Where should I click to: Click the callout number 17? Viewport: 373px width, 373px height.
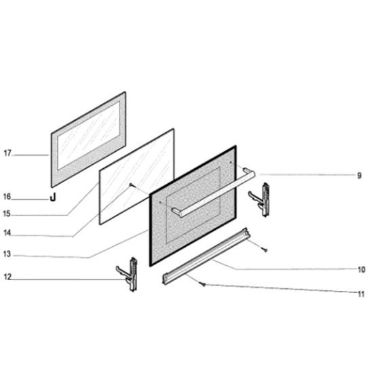click(7, 153)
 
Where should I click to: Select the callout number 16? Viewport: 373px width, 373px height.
click(7, 197)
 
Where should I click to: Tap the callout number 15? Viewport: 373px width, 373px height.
click(7, 214)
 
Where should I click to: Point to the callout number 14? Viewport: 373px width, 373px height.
click(7, 233)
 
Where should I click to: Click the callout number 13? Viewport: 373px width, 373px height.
click(7, 254)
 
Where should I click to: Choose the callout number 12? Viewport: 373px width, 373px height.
click(7, 277)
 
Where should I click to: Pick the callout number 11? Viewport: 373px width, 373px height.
click(361, 294)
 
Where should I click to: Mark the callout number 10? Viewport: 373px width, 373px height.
click(361, 270)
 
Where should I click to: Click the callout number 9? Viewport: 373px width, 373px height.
click(359, 176)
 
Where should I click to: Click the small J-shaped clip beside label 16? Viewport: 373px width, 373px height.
click(53, 197)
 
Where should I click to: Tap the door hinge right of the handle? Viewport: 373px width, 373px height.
click(260, 199)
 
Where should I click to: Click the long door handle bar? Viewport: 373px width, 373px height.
click(214, 193)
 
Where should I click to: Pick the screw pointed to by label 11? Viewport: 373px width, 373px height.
click(203, 284)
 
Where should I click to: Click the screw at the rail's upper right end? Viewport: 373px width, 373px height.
click(265, 250)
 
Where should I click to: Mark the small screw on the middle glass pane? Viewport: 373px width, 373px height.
click(131, 185)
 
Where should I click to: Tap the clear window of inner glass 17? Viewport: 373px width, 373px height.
click(88, 136)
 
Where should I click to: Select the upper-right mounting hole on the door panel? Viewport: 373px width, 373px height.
click(231, 162)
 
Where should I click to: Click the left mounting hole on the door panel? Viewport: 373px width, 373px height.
click(160, 203)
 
